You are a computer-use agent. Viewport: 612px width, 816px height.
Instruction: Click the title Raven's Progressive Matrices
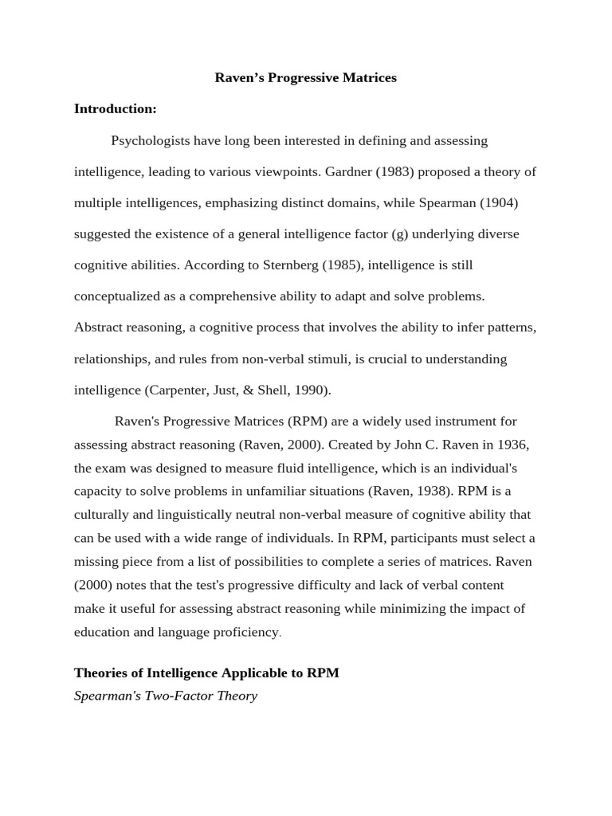pyautogui.click(x=305, y=78)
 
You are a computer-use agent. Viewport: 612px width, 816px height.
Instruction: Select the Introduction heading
pyautogui.click(x=116, y=109)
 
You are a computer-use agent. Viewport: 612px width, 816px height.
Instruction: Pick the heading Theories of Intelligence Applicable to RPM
pyautogui.click(x=206, y=673)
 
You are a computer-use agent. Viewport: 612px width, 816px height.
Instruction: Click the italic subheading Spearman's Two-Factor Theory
pyautogui.click(x=166, y=696)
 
